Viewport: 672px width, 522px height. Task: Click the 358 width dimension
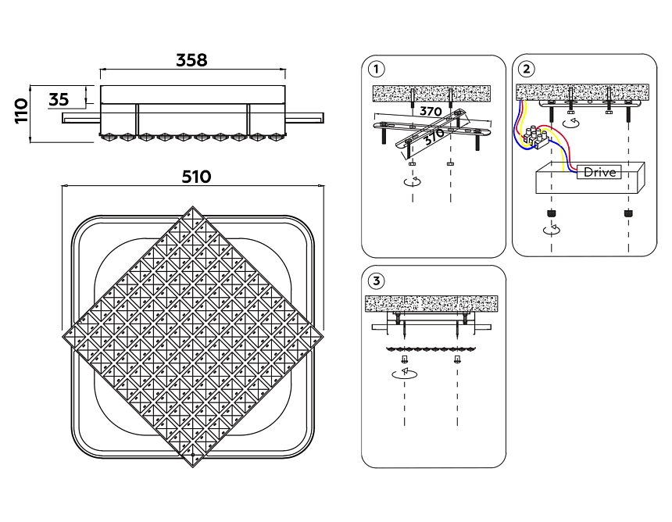[x=191, y=60]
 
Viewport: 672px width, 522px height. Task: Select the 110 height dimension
[x=21, y=112]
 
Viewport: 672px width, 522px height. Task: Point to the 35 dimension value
[x=59, y=99]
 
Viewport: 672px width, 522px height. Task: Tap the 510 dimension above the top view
[x=196, y=177]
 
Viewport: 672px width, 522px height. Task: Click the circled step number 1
[x=377, y=69]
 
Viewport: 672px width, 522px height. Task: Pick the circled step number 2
[x=528, y=69]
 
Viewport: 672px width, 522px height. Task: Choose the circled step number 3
[x=377, y=280]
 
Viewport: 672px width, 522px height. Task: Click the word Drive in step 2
[x=600, y=172]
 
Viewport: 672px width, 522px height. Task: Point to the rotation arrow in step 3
[x=405, y=375]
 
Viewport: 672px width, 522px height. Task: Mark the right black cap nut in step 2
[x=627, y=213]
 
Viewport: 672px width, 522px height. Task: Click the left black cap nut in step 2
[x=552, y=213]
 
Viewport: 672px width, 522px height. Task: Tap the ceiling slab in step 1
[x=431, y=94]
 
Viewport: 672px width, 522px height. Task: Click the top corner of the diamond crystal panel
[x=192, y=209]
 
